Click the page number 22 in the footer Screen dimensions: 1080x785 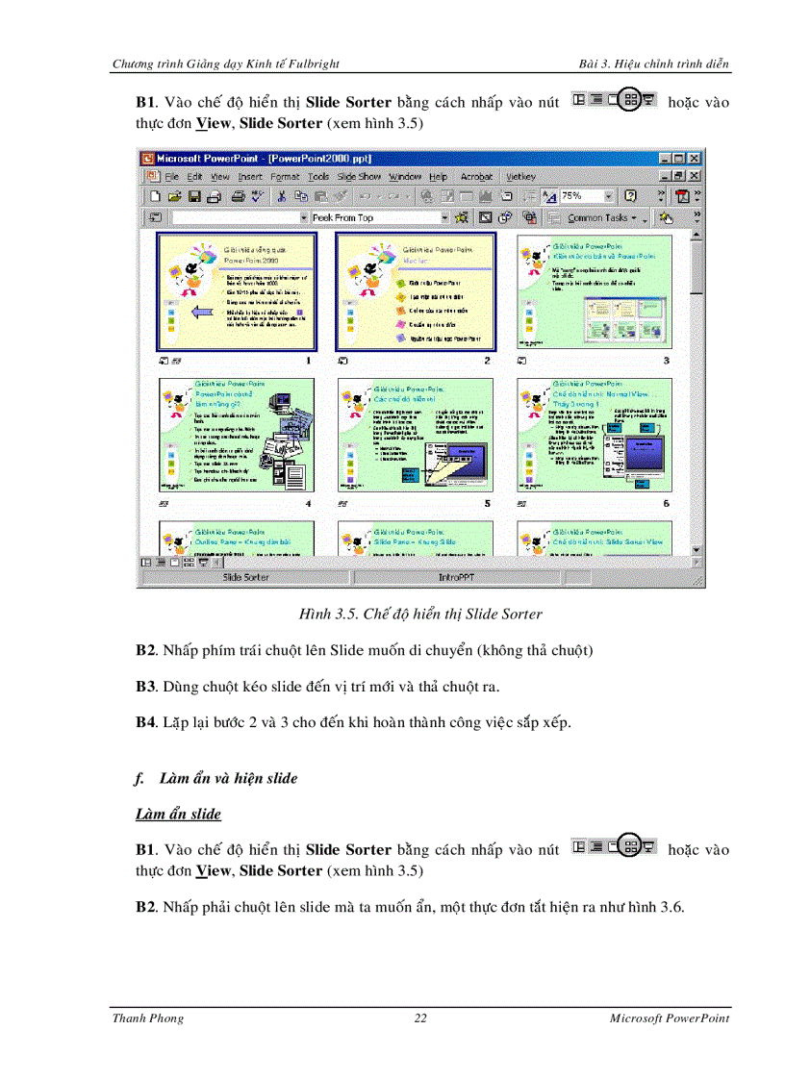coord(420,1018)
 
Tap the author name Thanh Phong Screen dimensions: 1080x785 coord(148,1018)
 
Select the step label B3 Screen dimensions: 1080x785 coord(145,688)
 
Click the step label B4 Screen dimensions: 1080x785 coord(145,722)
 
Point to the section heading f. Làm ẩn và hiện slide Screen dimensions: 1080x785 coord(216,779)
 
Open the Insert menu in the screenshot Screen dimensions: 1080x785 coord(250,177)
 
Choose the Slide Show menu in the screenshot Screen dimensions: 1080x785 coord(359,177)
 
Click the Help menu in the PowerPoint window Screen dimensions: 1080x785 coord(439,177)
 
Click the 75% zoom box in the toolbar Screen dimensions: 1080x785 coord(580,196)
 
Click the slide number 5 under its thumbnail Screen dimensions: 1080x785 coord(487,504)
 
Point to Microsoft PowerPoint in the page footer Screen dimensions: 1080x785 coord(669,1018)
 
